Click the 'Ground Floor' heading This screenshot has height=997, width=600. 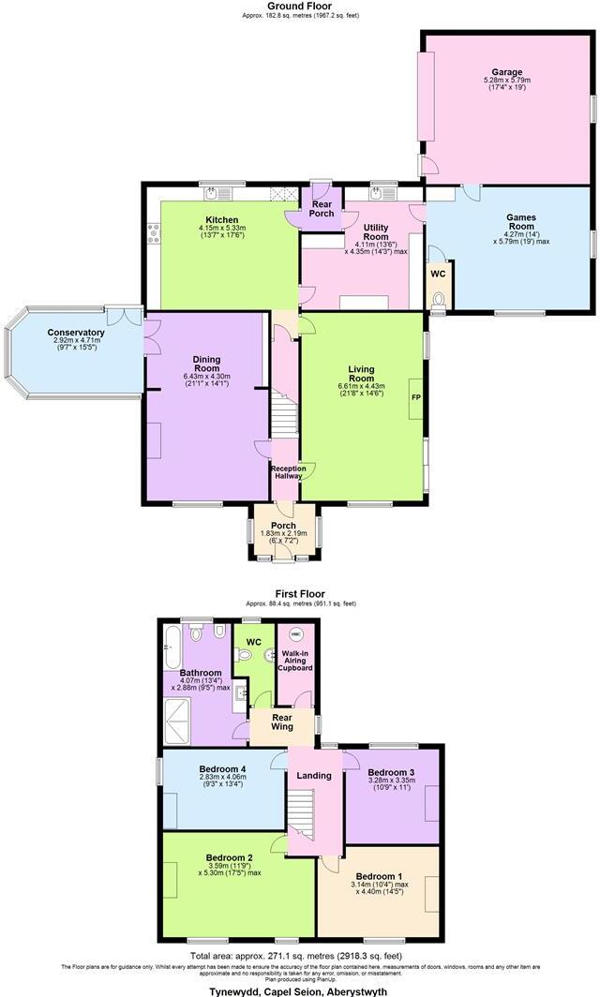(299, 6)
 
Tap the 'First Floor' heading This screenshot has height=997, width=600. (299, 593)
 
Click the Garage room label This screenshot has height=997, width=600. (507, 72)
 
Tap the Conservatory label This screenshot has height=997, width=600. (76, 333)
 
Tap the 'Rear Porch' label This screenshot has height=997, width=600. (322, 208)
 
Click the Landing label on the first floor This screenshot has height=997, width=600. (314, 775)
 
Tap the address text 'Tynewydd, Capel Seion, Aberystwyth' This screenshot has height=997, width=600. (299, 990)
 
